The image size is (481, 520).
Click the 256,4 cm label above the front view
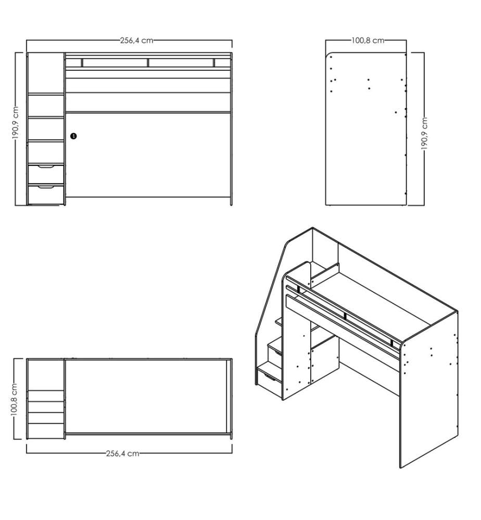point(137,41)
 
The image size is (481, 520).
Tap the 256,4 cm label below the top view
point(122,453)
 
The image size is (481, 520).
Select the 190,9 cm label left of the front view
point(16,123)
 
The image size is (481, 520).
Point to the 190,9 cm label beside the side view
point(424,133)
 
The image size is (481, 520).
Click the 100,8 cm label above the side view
point(368,41)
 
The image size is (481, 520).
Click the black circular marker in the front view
point(73,136)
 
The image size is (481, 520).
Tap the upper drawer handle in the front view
point(46,166)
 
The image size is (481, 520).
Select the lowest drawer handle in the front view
point(46,187)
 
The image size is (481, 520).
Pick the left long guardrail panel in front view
point(115,63)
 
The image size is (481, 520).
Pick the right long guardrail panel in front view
point(181,63)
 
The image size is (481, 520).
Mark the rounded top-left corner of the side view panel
point(328,55)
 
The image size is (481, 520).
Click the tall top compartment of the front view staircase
point(45,73)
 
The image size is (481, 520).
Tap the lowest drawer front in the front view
point(46,195)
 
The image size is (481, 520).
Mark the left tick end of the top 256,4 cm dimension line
point(27,41)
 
